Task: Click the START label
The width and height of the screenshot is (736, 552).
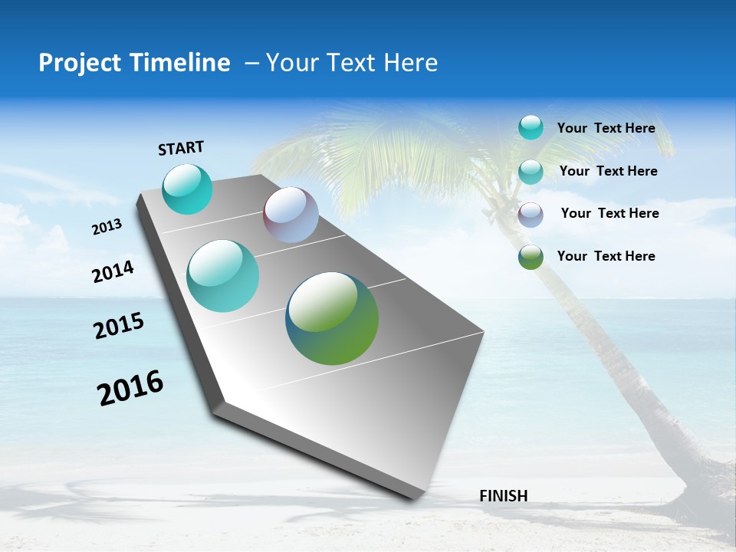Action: pyautogui.click(x=181, y=148)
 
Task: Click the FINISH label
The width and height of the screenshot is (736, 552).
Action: pyautogui.click(x=504, y=496)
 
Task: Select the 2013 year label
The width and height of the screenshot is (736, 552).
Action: pyautogui.click(x=107, y=227)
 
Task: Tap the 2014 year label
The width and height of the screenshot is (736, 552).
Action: pyautogui.click(x=113, y=271)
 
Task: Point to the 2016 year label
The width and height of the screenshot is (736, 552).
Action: pyautogui.click(x=130, y=388)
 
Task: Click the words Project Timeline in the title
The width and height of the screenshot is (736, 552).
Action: pyautogui.click(x=134, y=63)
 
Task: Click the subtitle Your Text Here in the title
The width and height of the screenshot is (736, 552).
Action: pyautogui.click(x=352, y=63)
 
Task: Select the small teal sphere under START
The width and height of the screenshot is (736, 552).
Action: pyautogui.click(x=188, y=189)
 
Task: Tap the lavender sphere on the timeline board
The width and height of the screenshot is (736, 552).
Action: pyautogui.click(x=291, y=215)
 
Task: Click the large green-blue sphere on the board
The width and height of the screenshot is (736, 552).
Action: pyautogui.click(x=332, y=318)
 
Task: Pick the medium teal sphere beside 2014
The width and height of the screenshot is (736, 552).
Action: pyautogui.click(x=223, y=276)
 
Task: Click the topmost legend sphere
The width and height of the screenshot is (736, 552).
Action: pyautogui.click(x=531, y=127)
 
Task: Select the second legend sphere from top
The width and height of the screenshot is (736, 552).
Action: pyautogui.click(x=531, y=172)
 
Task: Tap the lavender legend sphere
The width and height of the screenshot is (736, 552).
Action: pyautogui.click(x=531, y=215)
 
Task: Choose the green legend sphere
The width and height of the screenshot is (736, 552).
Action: pyautogui.click(x=531, y=257)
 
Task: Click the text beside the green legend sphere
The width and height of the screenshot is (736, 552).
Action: pyautogui.click(x=606, y=256)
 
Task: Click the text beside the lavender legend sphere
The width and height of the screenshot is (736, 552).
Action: pyautogui.click(x=609, y=213)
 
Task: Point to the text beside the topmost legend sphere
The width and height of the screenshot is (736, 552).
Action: pyautogui.click(x=606, y=128)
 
